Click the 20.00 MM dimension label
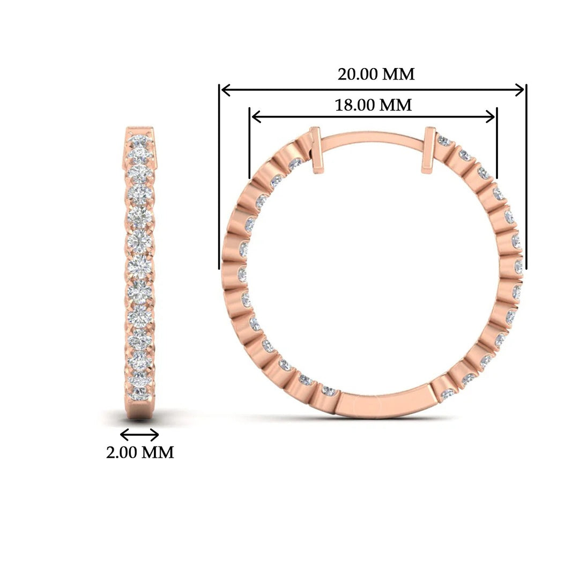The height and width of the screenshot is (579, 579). point(376,73)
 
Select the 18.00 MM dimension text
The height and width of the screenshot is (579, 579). point(373,105)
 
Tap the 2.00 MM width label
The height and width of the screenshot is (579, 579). point(140,452)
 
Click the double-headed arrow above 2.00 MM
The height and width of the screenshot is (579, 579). point(139,434)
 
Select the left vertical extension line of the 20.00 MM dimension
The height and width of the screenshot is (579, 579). point(219,177)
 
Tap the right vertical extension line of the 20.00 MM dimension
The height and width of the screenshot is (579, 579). point(526,177)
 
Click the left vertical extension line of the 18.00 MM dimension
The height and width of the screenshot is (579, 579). point(250,143)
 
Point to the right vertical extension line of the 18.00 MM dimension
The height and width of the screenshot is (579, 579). point(497,143)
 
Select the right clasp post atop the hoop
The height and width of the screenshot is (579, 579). point(429,150)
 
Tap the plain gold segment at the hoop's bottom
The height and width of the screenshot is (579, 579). point(383,402)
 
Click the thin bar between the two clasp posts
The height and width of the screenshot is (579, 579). point(373,140)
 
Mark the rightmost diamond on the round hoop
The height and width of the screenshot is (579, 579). point(518,266)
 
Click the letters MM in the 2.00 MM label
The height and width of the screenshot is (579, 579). point(157,452)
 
